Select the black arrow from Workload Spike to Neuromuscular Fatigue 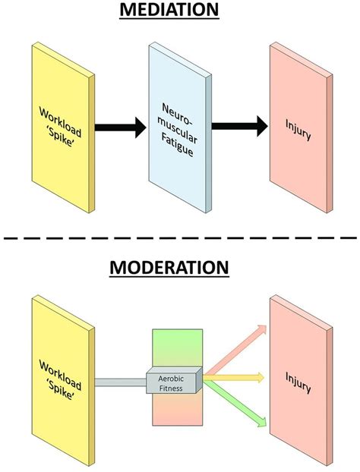[x=118, y=127]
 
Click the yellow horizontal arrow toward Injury [x=235, y=377]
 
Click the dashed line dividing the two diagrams [x=180, y=239]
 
